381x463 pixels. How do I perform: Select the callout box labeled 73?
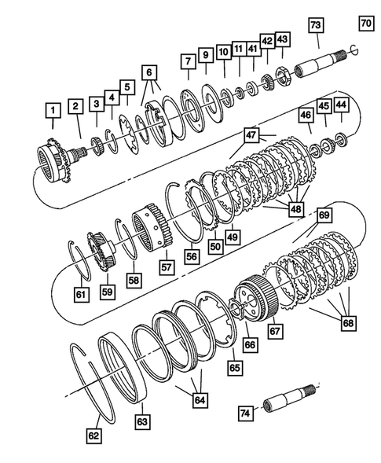coord(315,26)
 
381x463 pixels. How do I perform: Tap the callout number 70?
coord(366,23)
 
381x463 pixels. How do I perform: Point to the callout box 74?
coord(244,413)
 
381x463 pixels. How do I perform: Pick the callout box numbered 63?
coord(141,423)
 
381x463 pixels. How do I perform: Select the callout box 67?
coord(275,332)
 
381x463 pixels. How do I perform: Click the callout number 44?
coord(341,104)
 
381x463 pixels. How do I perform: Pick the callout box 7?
coord(186,60)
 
